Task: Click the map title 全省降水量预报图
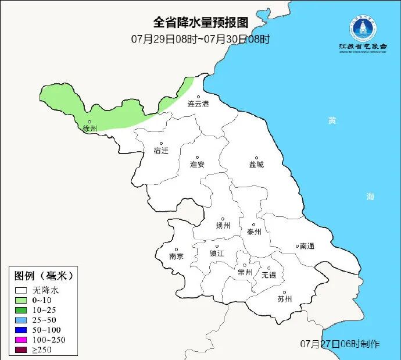(201, 23)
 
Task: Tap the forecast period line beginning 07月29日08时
(201, 40)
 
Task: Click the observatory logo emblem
(363, 27)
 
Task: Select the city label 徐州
(89, 129)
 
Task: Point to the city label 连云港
(198, 104)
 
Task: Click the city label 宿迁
(161, 151)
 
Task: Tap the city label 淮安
(198, 165)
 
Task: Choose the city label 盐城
(256, 165)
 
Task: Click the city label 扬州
(223, 226)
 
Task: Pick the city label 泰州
(255, 231)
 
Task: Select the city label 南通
(307, 246)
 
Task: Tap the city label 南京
(176, 256)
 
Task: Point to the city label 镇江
(217, 254)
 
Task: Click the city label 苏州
(284, 299)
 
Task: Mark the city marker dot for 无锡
(268, 268)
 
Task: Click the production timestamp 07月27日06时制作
(341, 343)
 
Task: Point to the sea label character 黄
(332, 120)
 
